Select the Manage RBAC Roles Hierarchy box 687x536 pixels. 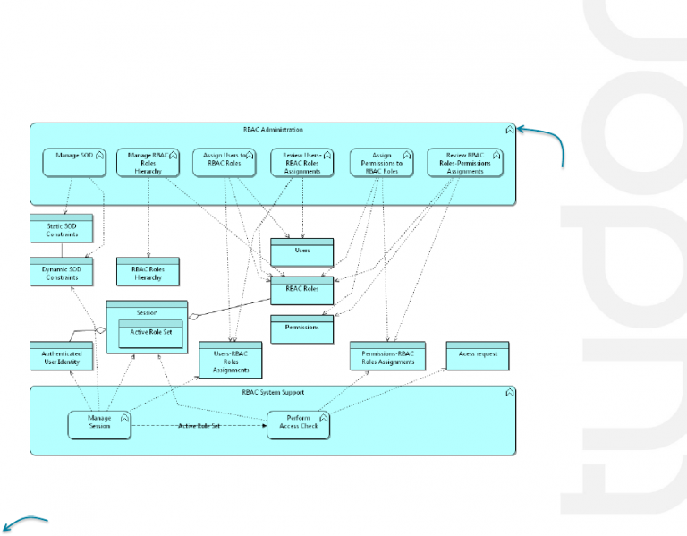[x=148, y=162]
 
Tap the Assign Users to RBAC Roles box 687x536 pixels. [x=225, y=162]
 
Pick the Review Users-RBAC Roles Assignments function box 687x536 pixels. [x=302, y=162]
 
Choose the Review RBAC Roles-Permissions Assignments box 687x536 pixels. [x=463, y=162]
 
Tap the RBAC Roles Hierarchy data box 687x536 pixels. [x=148, y=272]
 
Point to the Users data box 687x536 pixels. [x=301, y=251]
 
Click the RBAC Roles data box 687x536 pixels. [x=301, y=291]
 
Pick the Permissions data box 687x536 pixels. [x=301, y=328]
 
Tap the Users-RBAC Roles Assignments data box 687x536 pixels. [x=230, y=361]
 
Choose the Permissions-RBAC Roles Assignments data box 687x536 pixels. [x=388, y=357]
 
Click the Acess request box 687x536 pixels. [x=478, y=355]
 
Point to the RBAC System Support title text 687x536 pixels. [x=273, y=392]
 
